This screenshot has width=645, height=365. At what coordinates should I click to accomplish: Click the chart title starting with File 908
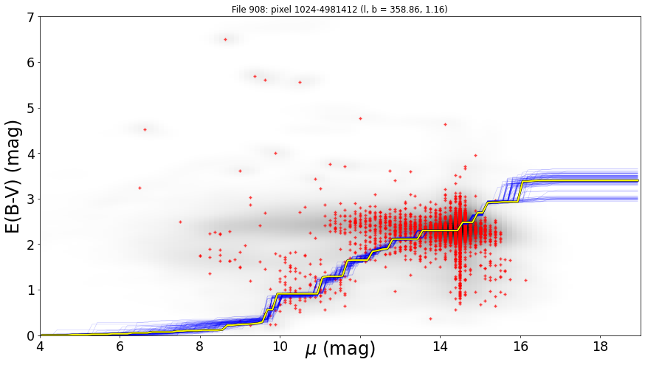339,9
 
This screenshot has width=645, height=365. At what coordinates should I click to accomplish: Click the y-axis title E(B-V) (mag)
13,177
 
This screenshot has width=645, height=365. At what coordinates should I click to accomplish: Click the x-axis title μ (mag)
340,349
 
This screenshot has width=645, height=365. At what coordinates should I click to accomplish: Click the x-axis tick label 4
40,346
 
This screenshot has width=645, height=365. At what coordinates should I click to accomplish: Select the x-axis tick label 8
200,346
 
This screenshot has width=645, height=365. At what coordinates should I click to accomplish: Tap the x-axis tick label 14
440,346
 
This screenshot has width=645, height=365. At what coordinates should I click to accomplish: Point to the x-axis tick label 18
601,346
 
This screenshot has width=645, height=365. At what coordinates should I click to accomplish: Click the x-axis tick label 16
520,346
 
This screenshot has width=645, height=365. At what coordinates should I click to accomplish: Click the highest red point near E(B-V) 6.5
225,40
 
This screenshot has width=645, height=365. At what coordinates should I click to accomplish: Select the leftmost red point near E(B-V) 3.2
140,188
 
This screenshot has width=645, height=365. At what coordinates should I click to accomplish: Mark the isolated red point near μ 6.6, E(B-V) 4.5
145,130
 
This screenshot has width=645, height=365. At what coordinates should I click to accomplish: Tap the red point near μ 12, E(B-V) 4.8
360,119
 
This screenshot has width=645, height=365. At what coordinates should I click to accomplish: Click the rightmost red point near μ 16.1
525,280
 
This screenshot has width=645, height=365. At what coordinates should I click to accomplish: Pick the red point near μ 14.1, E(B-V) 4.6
445,124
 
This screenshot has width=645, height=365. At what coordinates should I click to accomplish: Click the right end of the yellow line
638,180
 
